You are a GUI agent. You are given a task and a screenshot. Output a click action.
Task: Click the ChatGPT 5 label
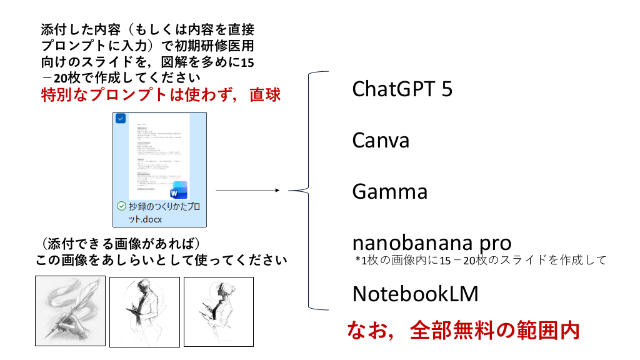tap(402, 89)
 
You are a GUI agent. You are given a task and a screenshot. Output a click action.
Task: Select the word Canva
tap(381, 140)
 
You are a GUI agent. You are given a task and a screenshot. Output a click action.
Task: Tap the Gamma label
tap(390, 191)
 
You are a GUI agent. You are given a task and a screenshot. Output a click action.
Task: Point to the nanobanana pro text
tap(432, 242)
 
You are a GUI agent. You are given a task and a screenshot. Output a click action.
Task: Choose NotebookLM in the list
tap(416, 293)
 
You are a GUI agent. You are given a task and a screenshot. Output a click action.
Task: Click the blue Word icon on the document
tap(179, 189)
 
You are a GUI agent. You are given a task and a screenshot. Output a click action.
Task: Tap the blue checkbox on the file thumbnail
tap(121, 118)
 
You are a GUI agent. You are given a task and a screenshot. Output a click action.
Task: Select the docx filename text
tap(164, 213)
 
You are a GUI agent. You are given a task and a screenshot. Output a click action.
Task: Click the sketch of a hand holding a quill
tap(70, 311)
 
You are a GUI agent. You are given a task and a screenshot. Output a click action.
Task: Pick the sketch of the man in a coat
tap(144, 311)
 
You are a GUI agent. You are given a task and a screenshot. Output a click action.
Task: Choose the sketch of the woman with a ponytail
tap(218, 311)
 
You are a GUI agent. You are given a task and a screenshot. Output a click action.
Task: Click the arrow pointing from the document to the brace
tap(247, 190)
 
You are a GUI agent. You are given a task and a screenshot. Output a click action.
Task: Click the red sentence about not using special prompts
tap(161, 95)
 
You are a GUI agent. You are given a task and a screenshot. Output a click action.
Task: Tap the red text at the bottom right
tap(462, 331)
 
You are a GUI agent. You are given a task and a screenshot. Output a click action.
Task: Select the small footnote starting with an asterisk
tap(480, 260)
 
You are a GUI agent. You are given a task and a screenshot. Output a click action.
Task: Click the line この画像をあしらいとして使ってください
tap(161, 259)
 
